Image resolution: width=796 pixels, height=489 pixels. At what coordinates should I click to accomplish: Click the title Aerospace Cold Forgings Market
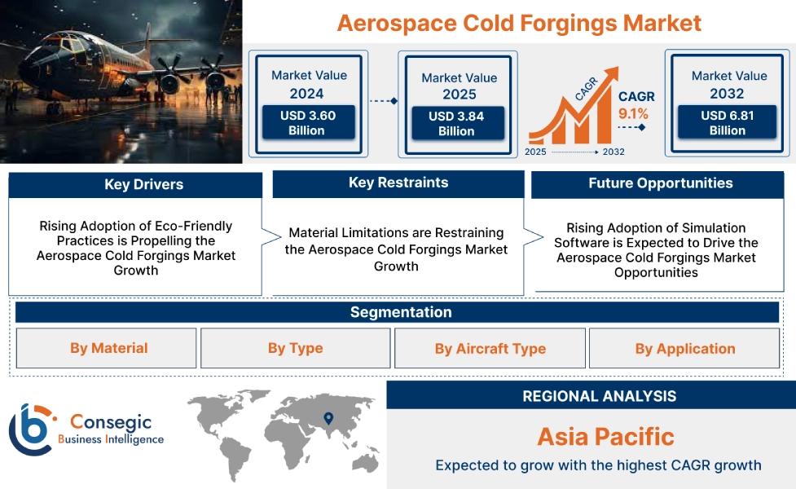[x=519, y=22]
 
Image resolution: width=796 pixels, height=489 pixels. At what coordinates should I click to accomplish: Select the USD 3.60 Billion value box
[x=307, y=123]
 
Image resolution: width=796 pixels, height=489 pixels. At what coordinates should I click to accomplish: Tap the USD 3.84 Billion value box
[x=456, y=124]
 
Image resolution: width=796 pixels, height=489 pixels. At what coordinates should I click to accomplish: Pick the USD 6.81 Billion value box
[x=727, y=123]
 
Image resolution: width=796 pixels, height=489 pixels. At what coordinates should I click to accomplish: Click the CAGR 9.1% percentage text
[x=633, y=113]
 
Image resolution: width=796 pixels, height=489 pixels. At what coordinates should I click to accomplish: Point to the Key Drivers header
[x=135, y=185]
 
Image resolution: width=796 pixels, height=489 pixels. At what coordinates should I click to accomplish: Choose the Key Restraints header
[x=398, y=183]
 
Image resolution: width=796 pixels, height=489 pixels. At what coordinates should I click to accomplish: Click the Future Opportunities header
[x=660, y=183]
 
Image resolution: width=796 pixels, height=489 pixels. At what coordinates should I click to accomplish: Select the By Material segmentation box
[x=108, y=348]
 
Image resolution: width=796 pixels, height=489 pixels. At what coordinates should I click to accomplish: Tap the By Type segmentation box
[x=295, y=348]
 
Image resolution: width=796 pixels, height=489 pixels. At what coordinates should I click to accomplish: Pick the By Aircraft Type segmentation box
[x=490, y=349]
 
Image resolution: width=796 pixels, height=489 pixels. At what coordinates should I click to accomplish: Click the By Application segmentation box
[x=684, y=349]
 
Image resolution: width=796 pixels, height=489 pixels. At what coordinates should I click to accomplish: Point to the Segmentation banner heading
[x=400, y=312]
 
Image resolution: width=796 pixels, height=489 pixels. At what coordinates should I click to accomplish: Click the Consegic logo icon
[x=30, y=429]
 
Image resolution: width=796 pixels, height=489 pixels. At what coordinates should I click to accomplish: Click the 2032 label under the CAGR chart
[x=613, y=152]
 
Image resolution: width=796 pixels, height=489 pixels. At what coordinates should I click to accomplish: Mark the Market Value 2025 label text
[x=459, y=86]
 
